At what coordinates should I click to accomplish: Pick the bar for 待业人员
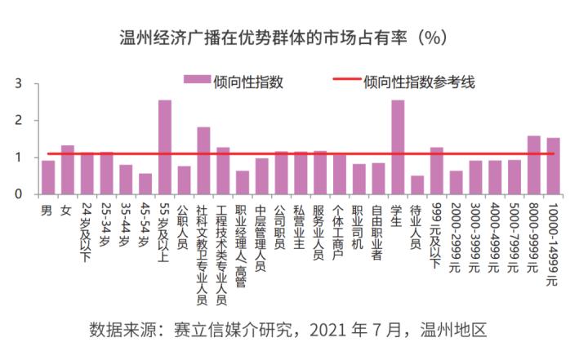417,184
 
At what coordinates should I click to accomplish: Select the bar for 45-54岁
145,184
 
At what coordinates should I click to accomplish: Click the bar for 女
68,170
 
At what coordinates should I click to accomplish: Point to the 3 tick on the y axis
17,84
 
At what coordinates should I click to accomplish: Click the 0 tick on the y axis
17,194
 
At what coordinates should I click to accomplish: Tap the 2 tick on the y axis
17,121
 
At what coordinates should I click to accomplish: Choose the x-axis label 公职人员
184,224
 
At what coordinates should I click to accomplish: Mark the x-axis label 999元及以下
436,232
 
